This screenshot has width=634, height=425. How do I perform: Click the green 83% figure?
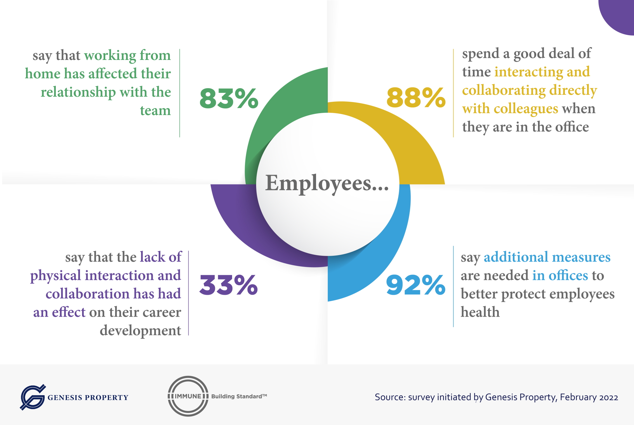229,98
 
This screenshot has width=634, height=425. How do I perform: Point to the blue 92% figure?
416,285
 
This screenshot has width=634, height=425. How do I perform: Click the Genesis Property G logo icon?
32,397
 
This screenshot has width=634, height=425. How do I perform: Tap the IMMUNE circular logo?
188,396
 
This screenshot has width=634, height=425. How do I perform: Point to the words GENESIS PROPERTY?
88,397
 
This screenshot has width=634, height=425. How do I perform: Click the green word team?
155,111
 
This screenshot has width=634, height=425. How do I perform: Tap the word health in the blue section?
480,312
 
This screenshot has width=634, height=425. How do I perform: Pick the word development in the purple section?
140,331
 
